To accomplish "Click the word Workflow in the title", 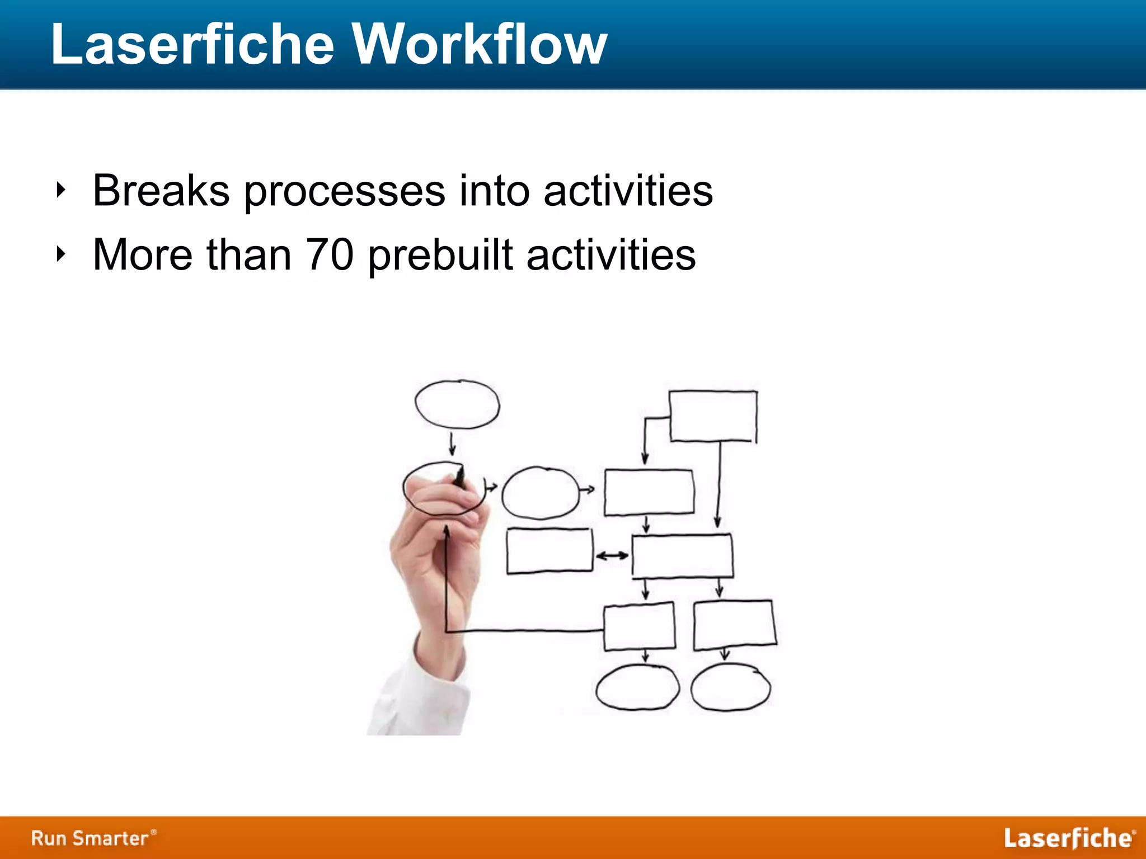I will click(480, 45).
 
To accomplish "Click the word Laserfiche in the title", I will click(192, 45).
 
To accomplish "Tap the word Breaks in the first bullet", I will click(161, 191).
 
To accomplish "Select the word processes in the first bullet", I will click(344, 191).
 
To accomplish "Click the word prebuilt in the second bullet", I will click(440, 255).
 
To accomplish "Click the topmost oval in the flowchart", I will click(457, 404).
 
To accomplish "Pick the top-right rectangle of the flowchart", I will click(713, 417).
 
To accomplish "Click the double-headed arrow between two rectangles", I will click(612, 555).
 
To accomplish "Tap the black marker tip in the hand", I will click(460, 477).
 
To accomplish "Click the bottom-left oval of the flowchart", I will click(637, 687).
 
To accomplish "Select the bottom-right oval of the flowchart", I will click(731, 687).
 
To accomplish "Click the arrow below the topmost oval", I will click(452, 444).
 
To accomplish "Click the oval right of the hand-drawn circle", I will click(541, 493).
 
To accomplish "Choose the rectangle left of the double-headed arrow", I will click(549, 551).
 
